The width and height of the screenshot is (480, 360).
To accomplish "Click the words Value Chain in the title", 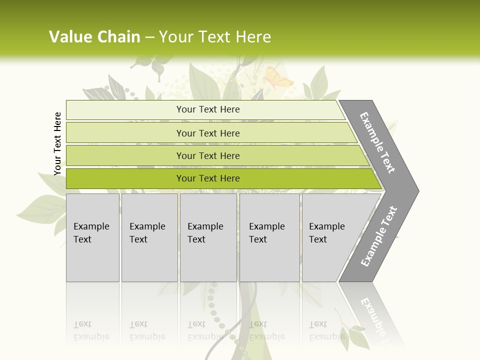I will click(x=94, y=37).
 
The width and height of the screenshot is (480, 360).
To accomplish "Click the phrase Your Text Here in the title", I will click(x=215, y=37).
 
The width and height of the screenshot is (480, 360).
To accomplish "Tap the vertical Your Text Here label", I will click(x=58, y=143).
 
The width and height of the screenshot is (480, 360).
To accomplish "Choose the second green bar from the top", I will click(x=207, y=133).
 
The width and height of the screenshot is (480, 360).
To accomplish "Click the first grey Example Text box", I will click(x=92, y=237).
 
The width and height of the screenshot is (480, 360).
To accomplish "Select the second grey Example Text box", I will click(x=149, y=237).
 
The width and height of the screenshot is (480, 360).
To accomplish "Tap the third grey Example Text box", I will click(x=207, y=237).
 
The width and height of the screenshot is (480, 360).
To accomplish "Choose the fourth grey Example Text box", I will click(x=269, y=237).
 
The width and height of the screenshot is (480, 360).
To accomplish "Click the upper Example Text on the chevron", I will click(x=377, y=142).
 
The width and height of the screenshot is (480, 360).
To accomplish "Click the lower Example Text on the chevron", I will click(x=379, y=236).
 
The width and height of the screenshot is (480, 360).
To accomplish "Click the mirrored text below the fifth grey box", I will click(x=326, y=330).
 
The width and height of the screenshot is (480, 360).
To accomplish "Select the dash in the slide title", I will click(x=149, y=37).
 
